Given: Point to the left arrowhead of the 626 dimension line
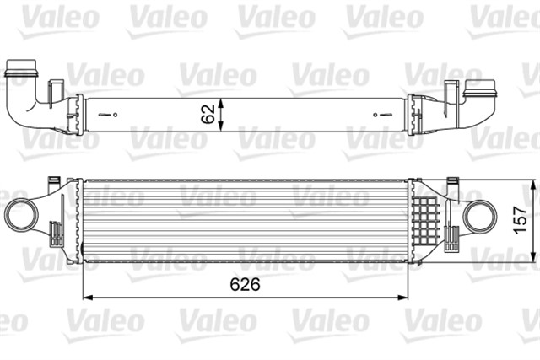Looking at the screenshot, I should tap(85, 297).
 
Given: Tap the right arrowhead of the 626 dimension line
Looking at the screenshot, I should tap(407, 297).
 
